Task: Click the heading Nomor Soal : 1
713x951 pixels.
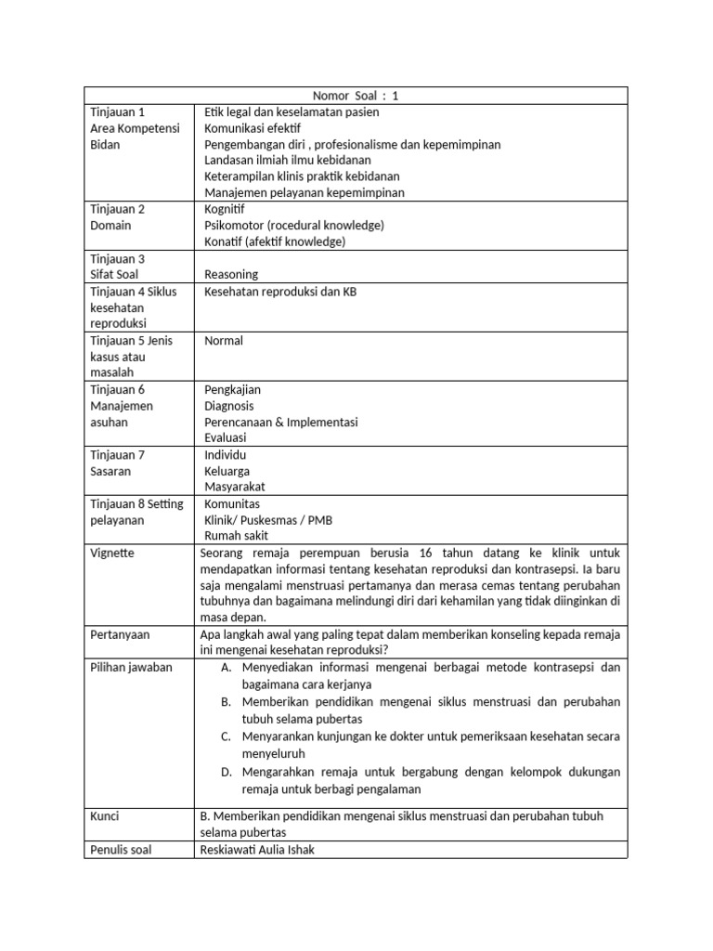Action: (356, 95)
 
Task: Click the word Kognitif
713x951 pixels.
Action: (225, 209)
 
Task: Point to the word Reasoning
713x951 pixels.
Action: (231, 274)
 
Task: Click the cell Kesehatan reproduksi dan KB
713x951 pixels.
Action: (279, 292)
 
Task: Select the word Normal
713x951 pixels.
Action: (224, 341)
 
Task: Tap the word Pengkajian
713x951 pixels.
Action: (233, 390)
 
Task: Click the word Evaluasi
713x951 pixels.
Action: (227, 438)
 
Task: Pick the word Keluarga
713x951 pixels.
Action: (227, 471)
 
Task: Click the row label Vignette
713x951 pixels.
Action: (112, 553)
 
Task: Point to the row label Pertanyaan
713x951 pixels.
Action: (121, 634)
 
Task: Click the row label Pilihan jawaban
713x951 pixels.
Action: (132, 668)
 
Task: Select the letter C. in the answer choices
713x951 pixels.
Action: (226, 736)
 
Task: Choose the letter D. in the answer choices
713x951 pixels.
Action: (226, 772)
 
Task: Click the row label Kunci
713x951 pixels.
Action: (105, 816)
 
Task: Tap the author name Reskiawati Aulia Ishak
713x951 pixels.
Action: (257, 849)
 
